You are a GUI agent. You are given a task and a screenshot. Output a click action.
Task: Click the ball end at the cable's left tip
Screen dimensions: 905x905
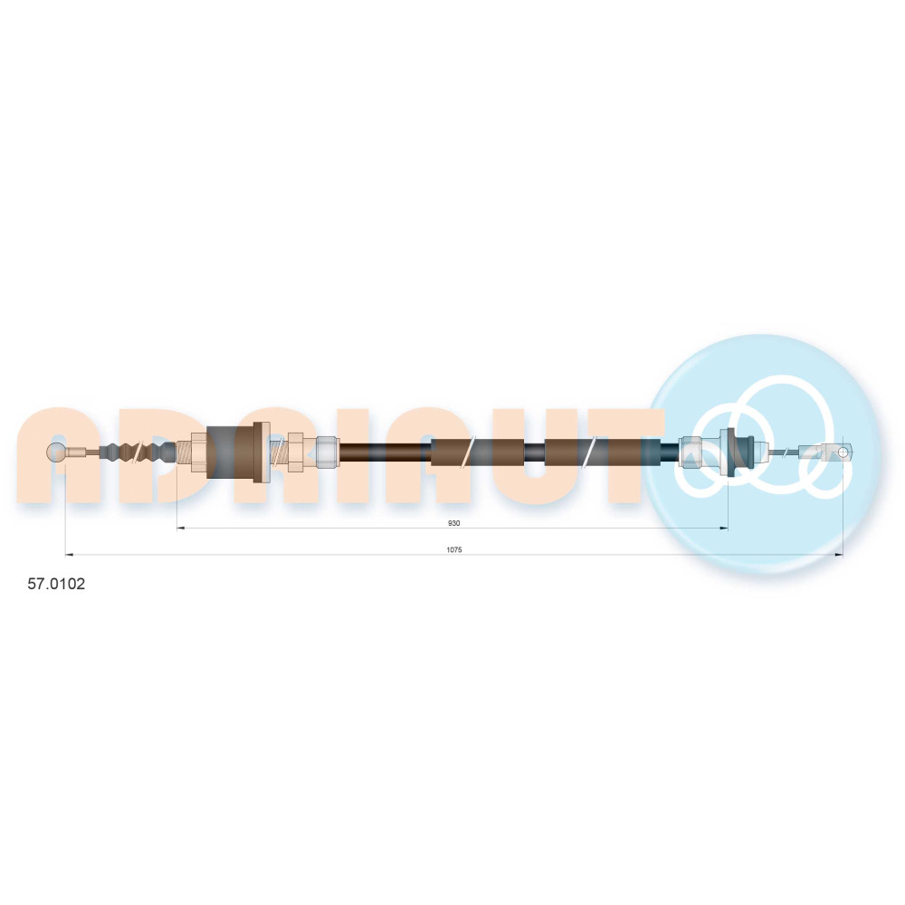pos(56,452)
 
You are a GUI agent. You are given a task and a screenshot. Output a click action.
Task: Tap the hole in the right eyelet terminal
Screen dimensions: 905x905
pos(843,452)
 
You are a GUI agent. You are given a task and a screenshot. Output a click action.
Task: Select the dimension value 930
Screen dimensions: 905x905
pos(453,523)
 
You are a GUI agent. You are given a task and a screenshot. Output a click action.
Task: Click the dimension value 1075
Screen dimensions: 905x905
pos(454,549)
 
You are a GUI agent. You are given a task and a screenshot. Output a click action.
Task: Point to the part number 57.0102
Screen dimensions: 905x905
pos(56,584)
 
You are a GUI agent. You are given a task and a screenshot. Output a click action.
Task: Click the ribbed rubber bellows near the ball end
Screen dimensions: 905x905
pos(138,452)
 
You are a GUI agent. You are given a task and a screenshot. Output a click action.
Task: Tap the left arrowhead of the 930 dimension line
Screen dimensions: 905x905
pos(180,528)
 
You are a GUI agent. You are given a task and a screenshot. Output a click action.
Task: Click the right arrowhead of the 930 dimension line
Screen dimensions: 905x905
pos(724,528)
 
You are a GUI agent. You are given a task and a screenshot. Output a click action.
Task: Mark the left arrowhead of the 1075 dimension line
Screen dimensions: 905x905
pos(70,555)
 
